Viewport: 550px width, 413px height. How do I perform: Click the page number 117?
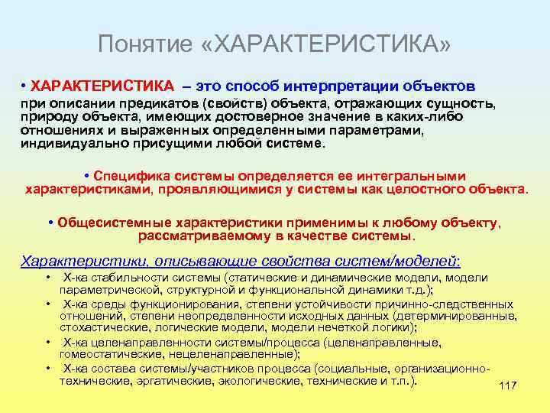tap(507, 386)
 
